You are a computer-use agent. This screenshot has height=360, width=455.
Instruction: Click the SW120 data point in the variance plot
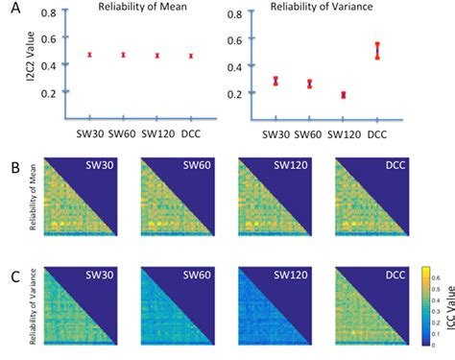[x=343, y=95]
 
